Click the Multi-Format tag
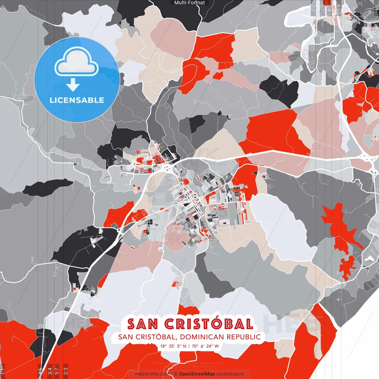[x=189, y=3]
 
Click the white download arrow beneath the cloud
[x=73, y=85]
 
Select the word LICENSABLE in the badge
[x=77, y=100]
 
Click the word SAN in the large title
[x=142, y=324]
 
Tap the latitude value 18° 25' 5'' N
[x=173, y=346]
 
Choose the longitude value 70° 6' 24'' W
[x=205, y=346]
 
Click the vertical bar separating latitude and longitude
[x=189, y=346]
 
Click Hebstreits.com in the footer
[x=152, y=374]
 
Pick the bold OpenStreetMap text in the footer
[x=197, y=374]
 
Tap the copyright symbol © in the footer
[x=176, y=374]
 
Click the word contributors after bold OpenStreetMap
[x=230, y=374]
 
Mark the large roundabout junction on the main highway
[x=168, y=168]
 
